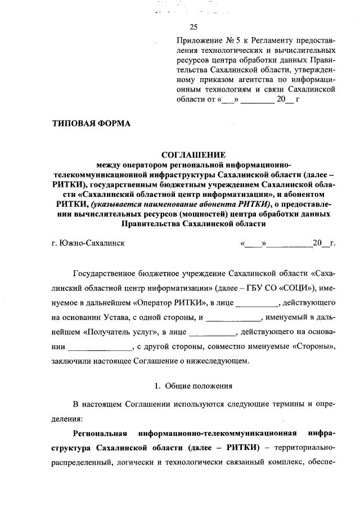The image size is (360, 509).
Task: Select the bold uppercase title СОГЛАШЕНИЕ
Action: click(x=193, y=155)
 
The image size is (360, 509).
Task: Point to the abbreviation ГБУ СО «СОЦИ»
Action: click(x=285, y=289)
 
